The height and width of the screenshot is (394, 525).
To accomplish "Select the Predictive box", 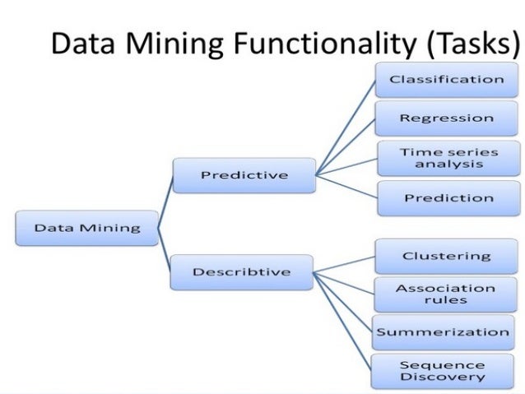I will (x=244, y=175).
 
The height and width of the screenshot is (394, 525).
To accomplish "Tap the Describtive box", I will (x=242, y=272).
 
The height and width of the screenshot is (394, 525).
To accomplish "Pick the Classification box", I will (x=447, y=80).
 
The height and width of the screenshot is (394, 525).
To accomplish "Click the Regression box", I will (x=447, y=118).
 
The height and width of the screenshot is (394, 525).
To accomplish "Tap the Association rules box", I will (x=445, y=294).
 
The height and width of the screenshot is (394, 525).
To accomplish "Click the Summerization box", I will (x=442, y=332).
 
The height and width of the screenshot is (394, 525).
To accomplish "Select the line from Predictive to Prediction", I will (x=346, y=186).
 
